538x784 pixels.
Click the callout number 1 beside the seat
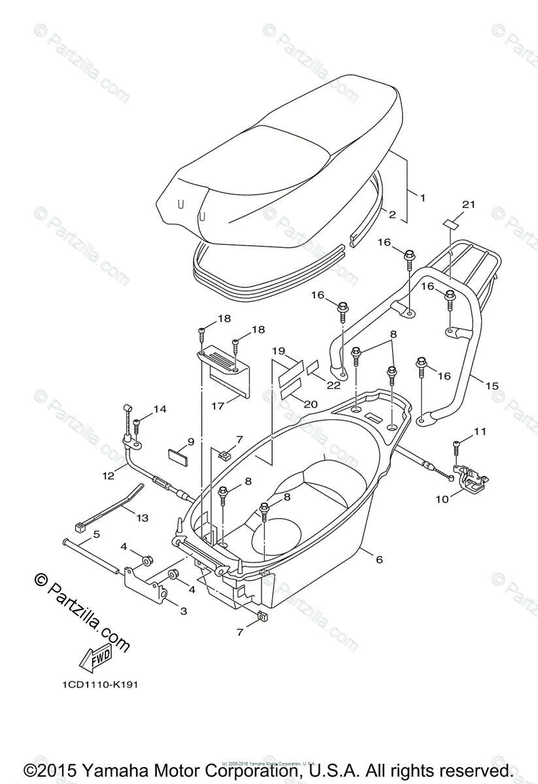pos(422,197)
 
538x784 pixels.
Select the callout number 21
pos(467,204)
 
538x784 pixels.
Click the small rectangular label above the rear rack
pos(450,223)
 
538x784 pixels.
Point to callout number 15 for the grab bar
pos(492,385)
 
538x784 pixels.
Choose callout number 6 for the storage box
pos(378,559)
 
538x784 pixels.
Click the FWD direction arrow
pos(95,657)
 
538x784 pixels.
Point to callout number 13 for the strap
pos(141,517)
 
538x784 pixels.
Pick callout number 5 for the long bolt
pos(96,534)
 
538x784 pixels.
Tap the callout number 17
pos(218,405)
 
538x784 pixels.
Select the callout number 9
pos(190,442)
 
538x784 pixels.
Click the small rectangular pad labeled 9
pos(177,455)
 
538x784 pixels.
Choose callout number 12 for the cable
pos(109,476)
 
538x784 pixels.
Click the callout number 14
pos(160,410)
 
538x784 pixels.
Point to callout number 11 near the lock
pos(480,431)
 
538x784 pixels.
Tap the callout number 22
pos(333,385)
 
